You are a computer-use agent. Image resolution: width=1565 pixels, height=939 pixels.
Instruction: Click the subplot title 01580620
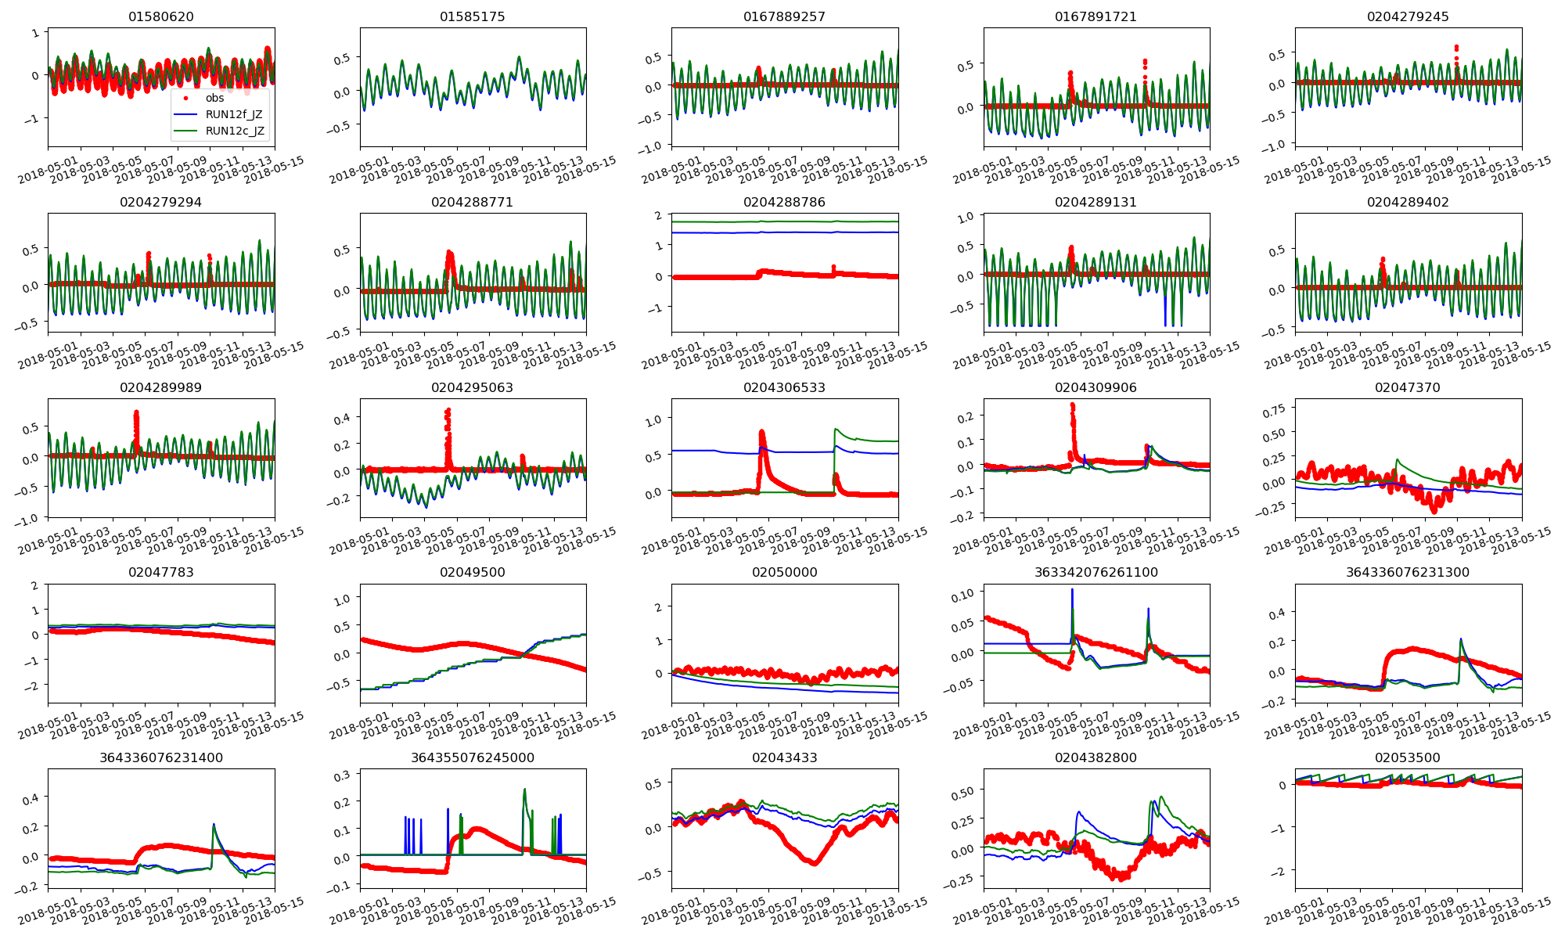coord(161,16)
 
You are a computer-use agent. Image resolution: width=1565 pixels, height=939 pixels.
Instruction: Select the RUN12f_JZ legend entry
coord(234,114)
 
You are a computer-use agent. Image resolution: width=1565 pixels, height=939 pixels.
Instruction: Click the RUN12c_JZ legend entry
coord(234,131)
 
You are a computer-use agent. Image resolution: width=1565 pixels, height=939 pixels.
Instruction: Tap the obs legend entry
coord(214,98)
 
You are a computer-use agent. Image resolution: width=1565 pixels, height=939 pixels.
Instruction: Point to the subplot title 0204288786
coord(784,202)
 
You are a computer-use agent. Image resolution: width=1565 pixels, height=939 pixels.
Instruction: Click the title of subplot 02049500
coord(473,572)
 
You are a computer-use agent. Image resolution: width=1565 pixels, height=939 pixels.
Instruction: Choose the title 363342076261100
coord(1095,572)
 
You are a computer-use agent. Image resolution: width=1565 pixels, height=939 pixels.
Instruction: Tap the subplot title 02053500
coord(1408,757)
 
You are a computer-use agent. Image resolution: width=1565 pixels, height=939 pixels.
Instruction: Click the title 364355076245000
coord(473,757)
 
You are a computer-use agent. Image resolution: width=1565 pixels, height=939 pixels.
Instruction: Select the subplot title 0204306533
coord(784,387)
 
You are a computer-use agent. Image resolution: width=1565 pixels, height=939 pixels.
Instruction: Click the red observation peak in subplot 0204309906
coord(1072,405)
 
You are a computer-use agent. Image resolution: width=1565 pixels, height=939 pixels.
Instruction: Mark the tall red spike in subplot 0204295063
coord(448,410)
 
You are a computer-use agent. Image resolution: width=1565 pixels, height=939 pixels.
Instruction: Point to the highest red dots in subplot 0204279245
coord(1456,47)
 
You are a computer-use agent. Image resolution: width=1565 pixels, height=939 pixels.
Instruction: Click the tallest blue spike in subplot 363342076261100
coord(1072,590)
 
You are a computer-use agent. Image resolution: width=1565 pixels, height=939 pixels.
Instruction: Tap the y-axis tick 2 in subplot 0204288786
coord(658,215)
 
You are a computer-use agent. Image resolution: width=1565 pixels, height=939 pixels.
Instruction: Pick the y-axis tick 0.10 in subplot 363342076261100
coord(968,594)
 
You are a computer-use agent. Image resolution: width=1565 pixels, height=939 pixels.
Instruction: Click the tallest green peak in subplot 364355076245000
coord(524,790)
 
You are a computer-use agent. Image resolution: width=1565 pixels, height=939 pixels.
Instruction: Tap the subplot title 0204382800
coord(1095,757)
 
